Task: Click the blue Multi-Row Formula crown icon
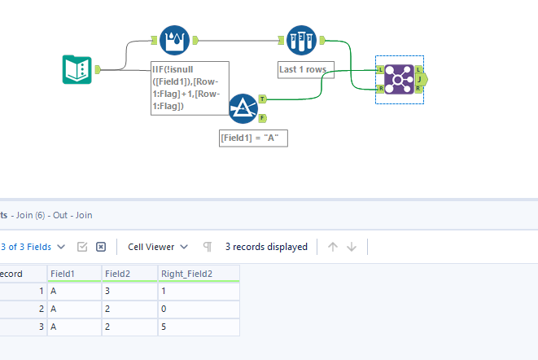pyautogui.click(x=173, y=39)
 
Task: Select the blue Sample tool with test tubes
pyautogui.click(x=301, y=39)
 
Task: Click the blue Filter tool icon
pyautogui.click(x=243, y=108)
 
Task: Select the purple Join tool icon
pyautogui.click(x=399, y=80)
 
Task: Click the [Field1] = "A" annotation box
pyautogui.click(x=253, y=138)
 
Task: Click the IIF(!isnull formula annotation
pyautogui.click(x=189, y=88)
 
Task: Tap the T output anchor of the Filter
pyautogui.click(x=262, y=99)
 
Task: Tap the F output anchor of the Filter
pyautogui.click(x=262, y=117)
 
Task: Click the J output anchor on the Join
pyautogui.click(x=420, y=80)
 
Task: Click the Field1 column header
pyautogui.click(x=74, y=274)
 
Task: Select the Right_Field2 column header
pyautogui.click(x=198, y=274)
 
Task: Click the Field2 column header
pyautogui.click(x=129, y=274)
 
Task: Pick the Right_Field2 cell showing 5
pyautogui.click(x=198, y=327)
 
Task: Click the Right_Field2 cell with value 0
pyautogui.click(x=198, y=309)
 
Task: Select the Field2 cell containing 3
pyautogui.click(x=129, y=291)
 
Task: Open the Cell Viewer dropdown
pyautogui.click(x=158, y=247)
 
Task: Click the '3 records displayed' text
pyautogui.click(x=266, y=247)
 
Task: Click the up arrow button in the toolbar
pyautogui.click(x=333, y=247)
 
